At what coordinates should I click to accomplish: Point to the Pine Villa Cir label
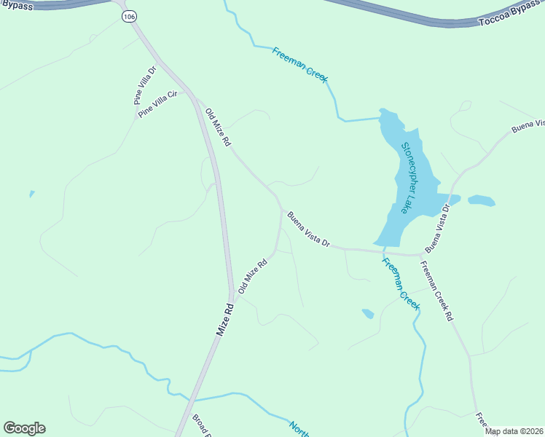click(x=158, y=104)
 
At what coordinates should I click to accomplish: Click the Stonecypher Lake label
click(x=413, y=177)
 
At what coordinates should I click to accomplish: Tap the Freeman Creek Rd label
click(x=437, y=291)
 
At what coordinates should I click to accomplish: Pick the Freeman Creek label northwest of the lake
click(x=299, y=65)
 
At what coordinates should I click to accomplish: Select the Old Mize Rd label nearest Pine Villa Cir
click(x=217, y=127)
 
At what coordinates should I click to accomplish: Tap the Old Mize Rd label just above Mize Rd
click(x=252, y=275)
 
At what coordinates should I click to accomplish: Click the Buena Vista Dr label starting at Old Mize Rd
click(x=309, y=229)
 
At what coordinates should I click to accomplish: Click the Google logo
click(x=24, y=428)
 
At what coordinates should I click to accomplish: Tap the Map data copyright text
click(x=514, y=431)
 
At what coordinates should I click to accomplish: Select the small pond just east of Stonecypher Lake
click(x=481, y=200)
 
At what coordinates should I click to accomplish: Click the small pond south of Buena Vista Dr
click(x=368, y=314)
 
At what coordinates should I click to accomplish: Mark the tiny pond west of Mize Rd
click(x=31, y=194)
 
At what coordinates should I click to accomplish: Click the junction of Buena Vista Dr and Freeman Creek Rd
click(x=422, y=255)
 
